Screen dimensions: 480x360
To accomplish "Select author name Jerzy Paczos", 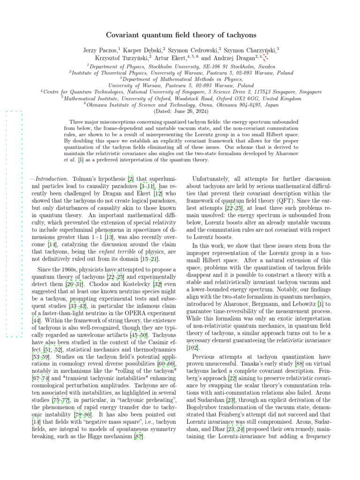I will [103, 50].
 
